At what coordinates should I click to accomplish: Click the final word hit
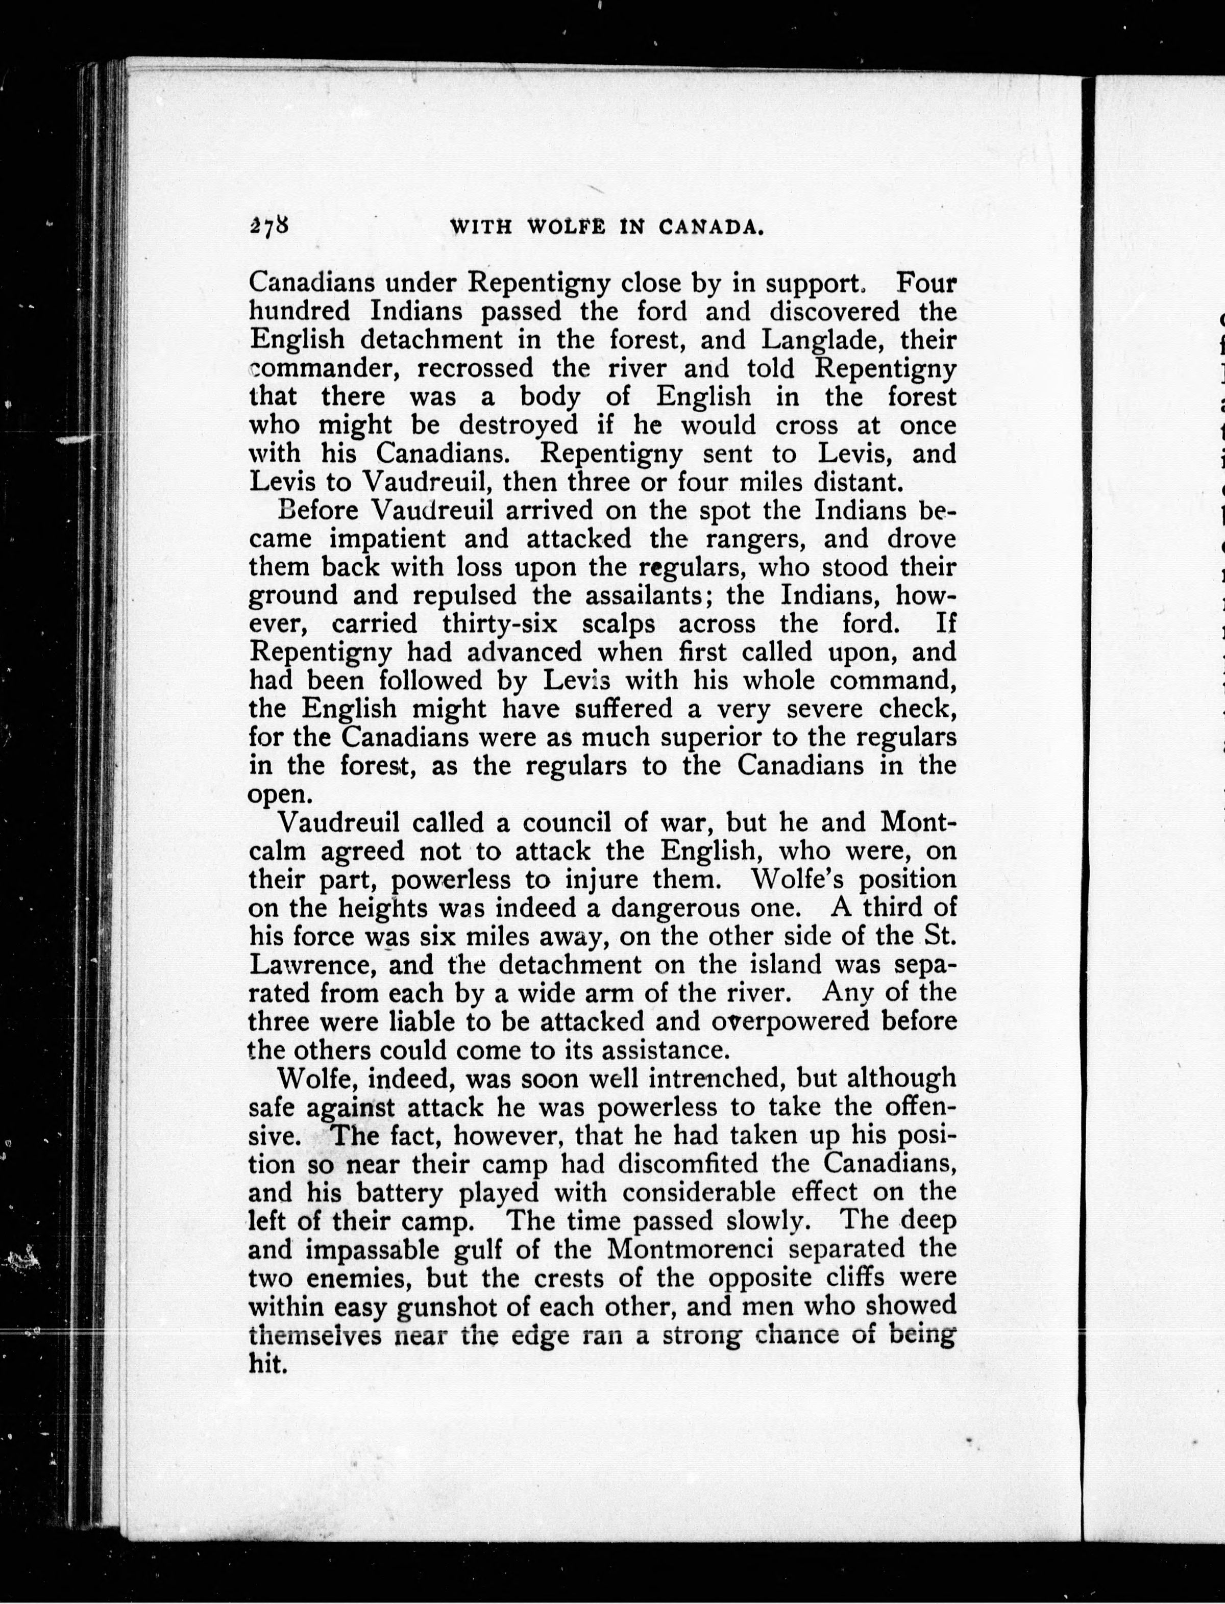(265, 1363)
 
